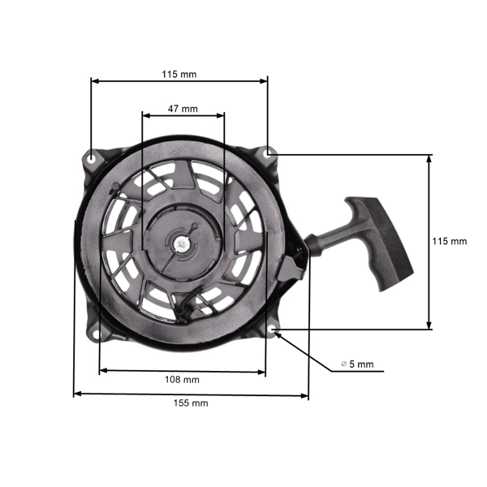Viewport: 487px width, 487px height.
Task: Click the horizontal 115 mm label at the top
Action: [x=179, y=74]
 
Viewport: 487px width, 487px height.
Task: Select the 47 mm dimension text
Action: [x=183, y=107]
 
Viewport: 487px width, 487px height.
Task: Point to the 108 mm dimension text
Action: [x=183, y=379]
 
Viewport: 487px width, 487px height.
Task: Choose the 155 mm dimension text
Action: [x=191, y=403]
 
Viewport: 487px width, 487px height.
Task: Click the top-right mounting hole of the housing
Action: [x=269, y=153]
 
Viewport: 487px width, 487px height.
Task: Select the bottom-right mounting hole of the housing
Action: [x=270, y=330]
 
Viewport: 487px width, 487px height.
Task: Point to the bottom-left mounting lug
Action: [x=98, y=332]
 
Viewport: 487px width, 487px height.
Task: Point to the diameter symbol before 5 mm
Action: [x=343, y=364]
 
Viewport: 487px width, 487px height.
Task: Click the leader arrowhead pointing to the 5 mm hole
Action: [x=278, y=334]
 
